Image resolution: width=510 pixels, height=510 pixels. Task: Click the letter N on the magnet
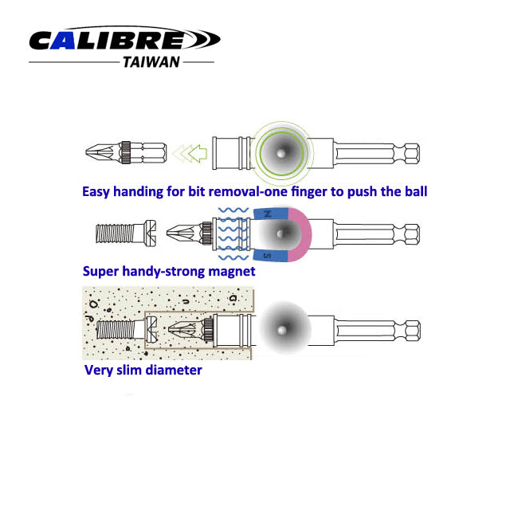(267, 214)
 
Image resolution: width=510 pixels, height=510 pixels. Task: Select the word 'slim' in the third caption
(126, 370)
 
